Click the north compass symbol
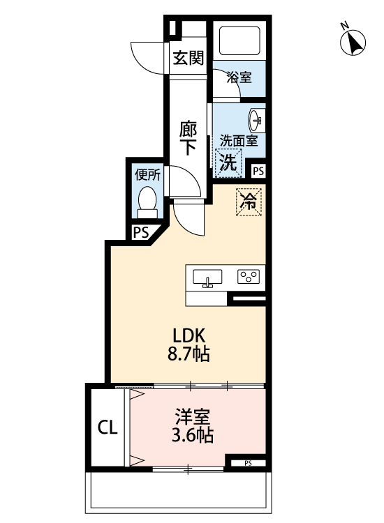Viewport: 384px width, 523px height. pos(353,43)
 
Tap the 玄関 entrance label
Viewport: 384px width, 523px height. pos(189,59)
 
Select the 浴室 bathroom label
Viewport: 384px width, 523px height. pos(239,77)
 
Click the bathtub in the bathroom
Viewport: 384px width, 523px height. pos(239,41)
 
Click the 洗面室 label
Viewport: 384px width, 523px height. pos(239,141)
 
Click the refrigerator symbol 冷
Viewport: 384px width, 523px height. pos(248,202)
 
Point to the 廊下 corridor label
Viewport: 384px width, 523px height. pos(188,138)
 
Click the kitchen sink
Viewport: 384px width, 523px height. pos(207,278)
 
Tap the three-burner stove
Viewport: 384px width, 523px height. pos(249,277)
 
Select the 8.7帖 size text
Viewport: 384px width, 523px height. pos(188,354)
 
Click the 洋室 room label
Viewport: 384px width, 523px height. pos(192,418)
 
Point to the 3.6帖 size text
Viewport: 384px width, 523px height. pos(192,437)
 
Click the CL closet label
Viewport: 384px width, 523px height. pos(107,425)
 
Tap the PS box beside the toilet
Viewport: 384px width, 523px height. pos(141,233)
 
